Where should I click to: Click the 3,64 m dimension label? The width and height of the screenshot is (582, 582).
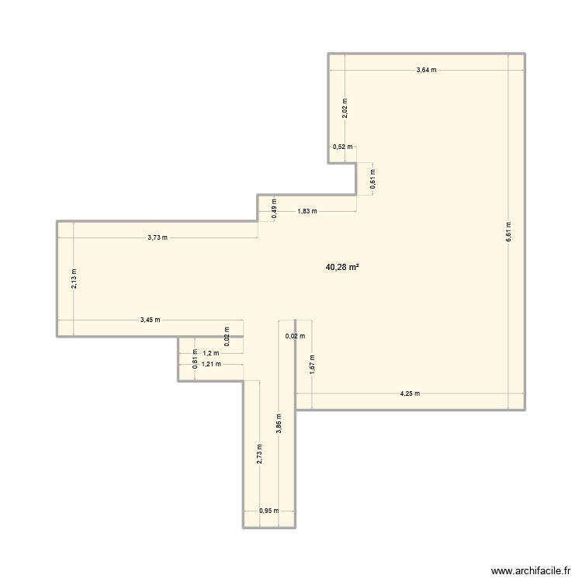pos(426,70)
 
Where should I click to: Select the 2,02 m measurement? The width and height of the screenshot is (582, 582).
pos(345,107)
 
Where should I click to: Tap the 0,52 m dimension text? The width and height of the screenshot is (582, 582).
pos(342,147)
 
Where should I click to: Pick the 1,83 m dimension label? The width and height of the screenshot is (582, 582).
pos(307,211)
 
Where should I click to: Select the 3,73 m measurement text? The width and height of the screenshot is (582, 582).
pos(158,238)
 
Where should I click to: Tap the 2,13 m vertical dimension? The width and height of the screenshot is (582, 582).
pos(74,279)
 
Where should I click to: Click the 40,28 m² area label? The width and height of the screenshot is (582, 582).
pos(342,267)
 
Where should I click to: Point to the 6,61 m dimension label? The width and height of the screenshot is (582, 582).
pos(508,231)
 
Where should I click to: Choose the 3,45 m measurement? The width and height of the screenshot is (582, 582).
pos(151,320)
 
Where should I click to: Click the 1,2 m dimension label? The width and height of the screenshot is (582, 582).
pos(211,353)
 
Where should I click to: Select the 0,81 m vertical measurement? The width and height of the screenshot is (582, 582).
pos(195,358)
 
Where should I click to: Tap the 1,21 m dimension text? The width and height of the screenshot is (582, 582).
pos(211,364)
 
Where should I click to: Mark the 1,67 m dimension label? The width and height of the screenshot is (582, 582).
pos(311,365)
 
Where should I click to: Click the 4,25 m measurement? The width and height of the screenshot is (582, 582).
pos(410,393)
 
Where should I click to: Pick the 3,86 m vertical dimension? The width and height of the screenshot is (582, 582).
pos(279,424)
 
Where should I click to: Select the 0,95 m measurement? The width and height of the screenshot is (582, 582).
pos(268,511)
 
